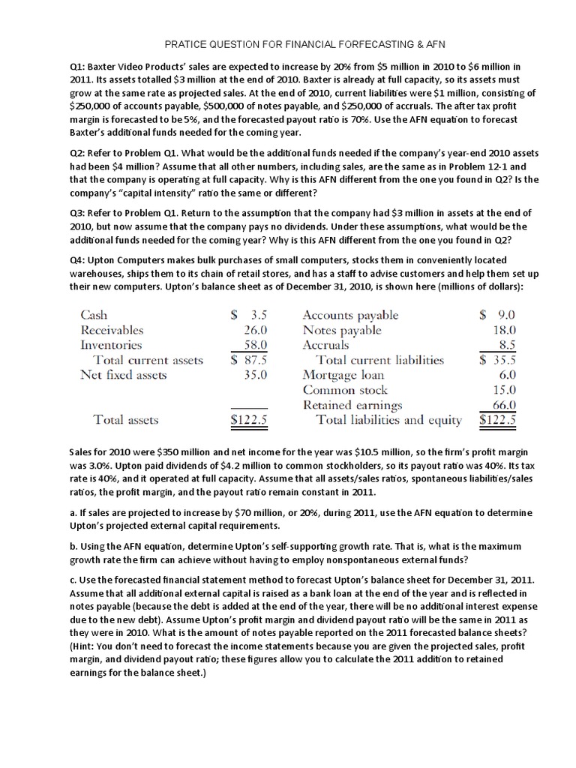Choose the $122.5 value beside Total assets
pos(248,420)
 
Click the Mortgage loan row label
pos(343,375)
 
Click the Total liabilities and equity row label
pos(389,420)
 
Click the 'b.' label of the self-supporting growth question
pos(73,547)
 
